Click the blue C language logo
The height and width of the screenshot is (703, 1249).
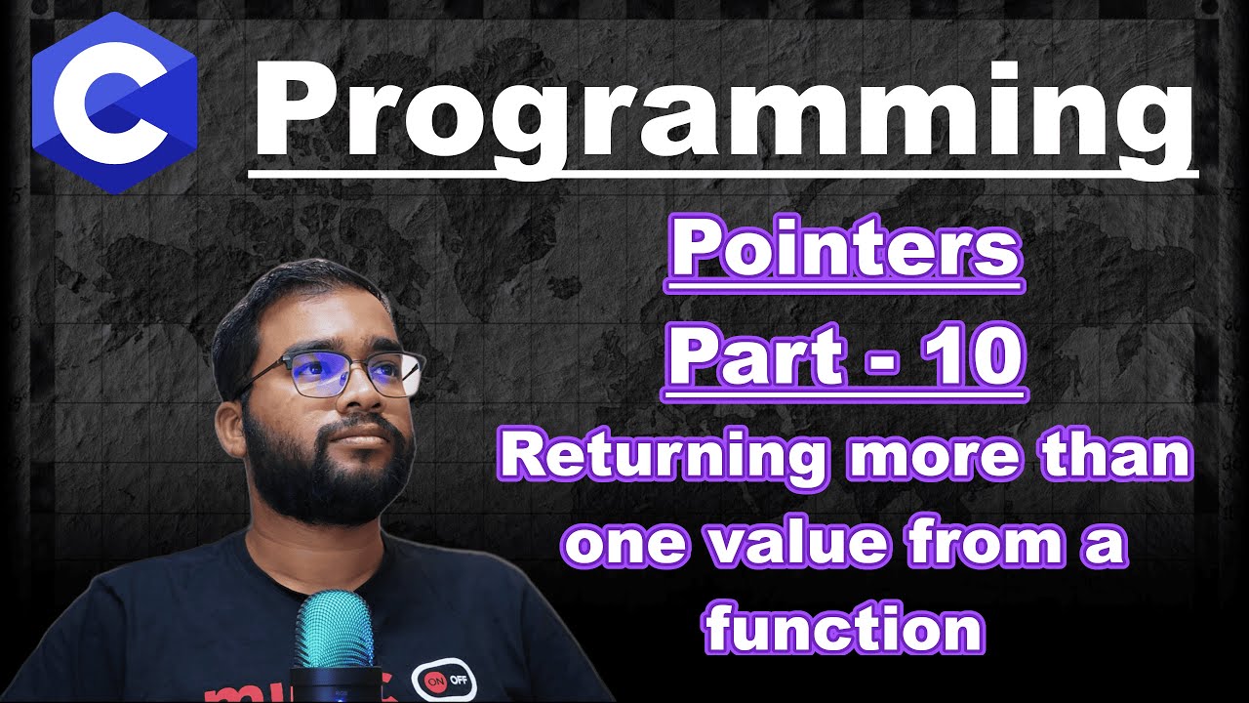point(114,103)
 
